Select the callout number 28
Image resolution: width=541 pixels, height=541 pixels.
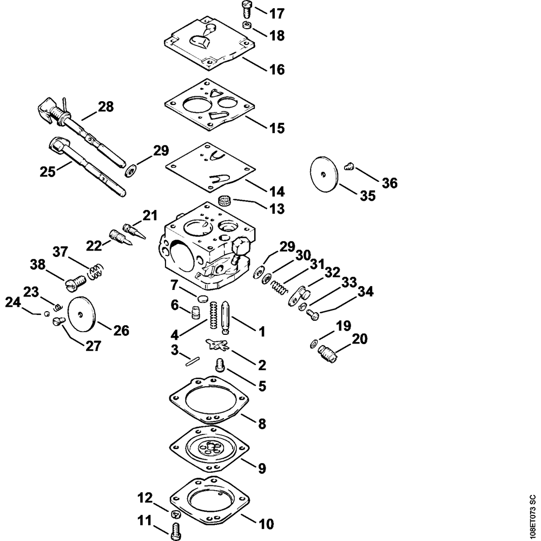click(105, 107)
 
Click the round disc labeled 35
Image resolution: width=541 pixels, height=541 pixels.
click(324, 173)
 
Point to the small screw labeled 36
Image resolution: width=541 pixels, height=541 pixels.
click(349, 166)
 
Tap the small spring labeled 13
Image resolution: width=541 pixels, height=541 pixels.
click(225, 202)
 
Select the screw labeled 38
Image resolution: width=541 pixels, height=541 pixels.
click(75, 281)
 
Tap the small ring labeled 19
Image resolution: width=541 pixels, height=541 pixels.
click(314, 344)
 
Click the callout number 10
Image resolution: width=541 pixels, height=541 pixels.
click(266, 524)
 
